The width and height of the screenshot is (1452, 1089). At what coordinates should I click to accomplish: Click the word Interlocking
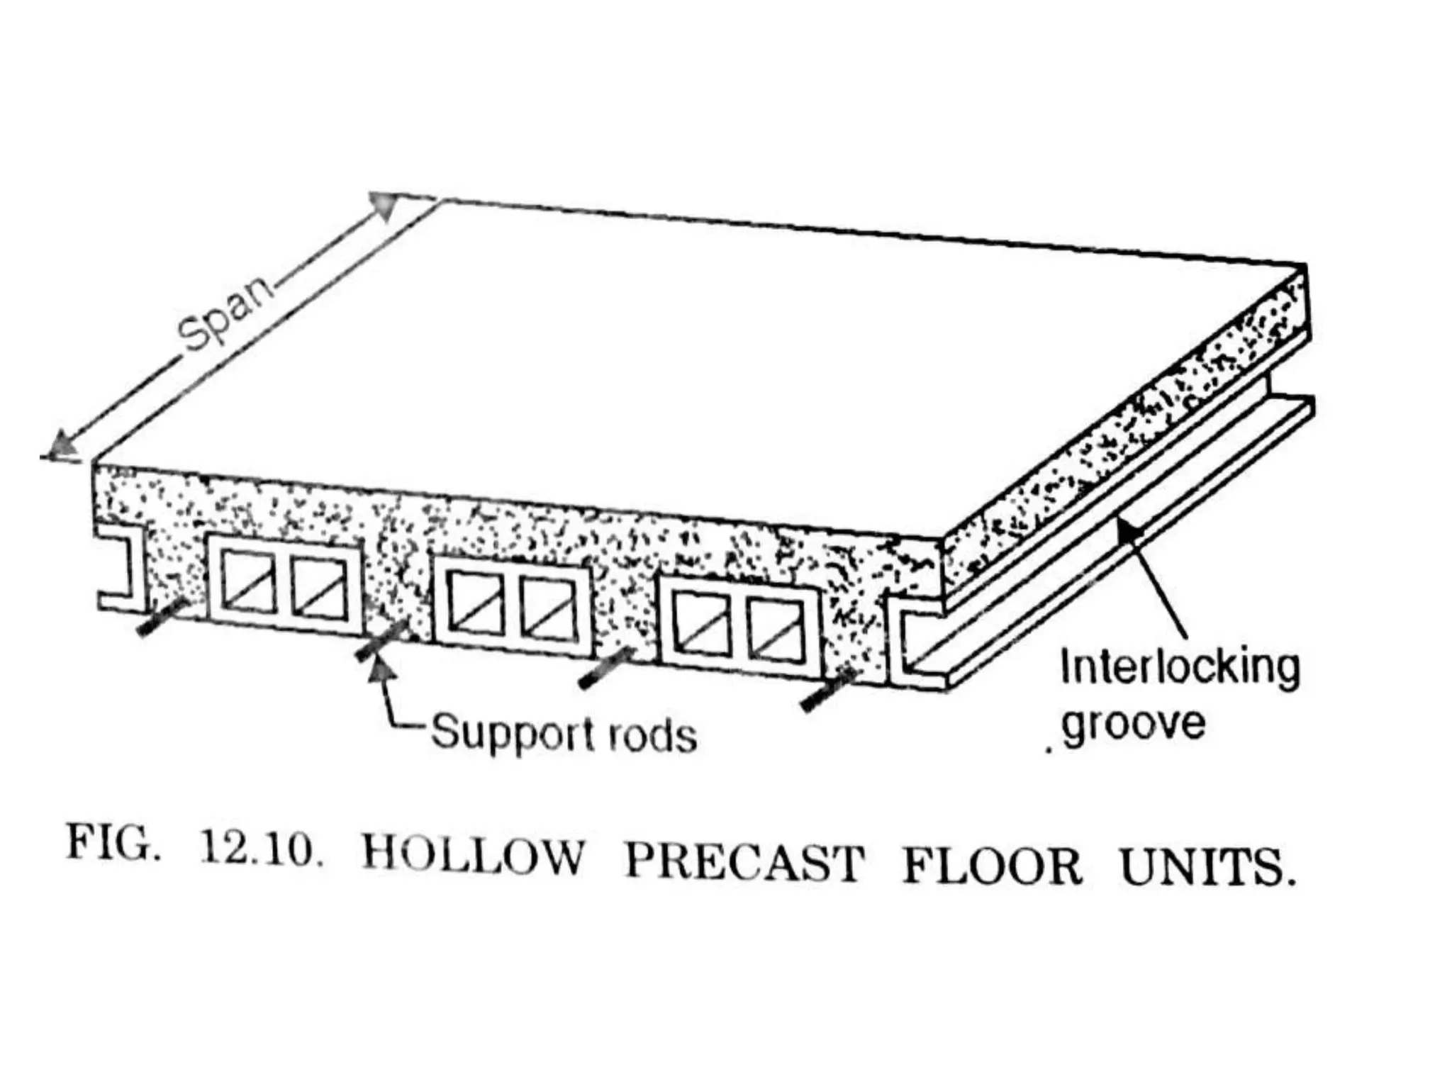pos(1180,668)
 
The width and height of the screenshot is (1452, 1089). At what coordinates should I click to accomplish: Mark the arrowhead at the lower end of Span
pos(59,449)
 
